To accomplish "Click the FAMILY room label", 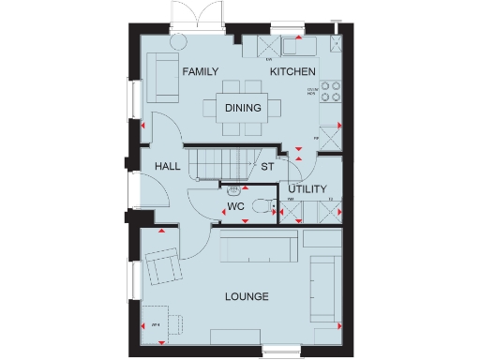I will click(x=201, y=72).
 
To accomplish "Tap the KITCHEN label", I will click(x=292, y=72).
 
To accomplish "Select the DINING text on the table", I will click(x=243, y=108).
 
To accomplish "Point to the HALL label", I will click(x=168, y=166).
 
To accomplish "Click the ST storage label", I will click(x=266, y=168).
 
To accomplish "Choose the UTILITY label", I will click(x=307, y=189).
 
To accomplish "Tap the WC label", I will click(x=235, y=207).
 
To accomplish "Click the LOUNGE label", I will click(x=247, y=297).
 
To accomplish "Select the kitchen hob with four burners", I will click(x=330, y=92).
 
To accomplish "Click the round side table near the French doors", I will click(x=177, y=42).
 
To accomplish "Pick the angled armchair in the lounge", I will click(x=164, y=268).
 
